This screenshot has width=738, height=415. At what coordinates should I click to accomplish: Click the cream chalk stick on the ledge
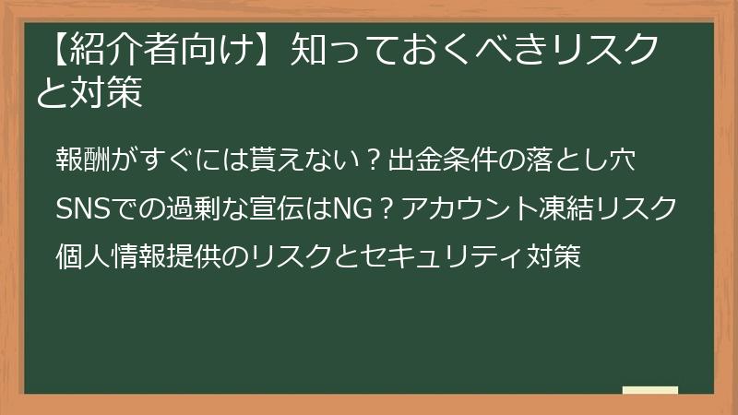coord(649,390)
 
